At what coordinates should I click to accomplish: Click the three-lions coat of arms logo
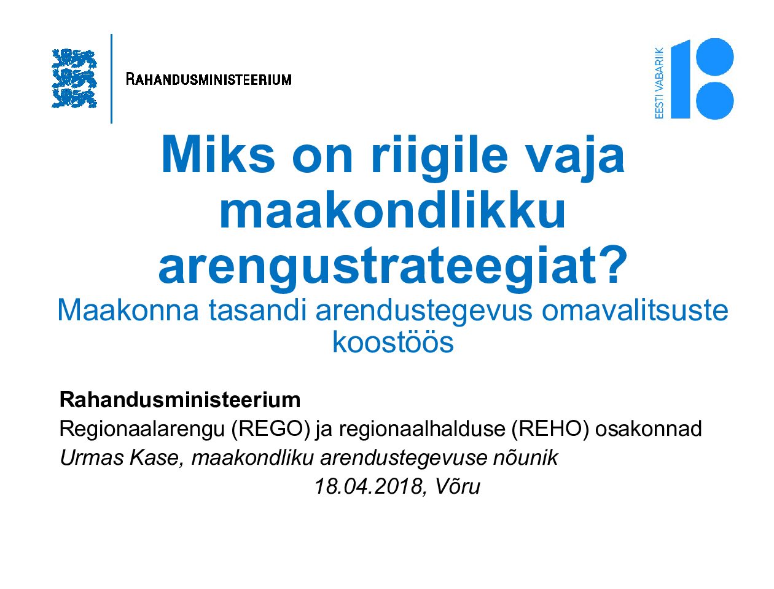(x=74, y=78)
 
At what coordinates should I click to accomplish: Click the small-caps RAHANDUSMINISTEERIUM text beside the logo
(x=208, y=79)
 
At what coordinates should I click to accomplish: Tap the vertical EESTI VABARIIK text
(x=659, y=83)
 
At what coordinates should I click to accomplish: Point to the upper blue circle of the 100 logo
(x=715, y=57)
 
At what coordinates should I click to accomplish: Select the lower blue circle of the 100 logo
(x=715, y=101)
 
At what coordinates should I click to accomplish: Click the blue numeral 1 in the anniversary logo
(x=680, y=79)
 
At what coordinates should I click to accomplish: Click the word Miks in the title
(x=218, y=156)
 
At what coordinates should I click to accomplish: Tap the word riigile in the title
(x=439, y=158)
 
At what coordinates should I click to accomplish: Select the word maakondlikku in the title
(x=392, y=211)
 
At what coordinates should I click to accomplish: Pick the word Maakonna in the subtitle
(x=128, y=310)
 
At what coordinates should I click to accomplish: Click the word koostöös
(x=393, y=342)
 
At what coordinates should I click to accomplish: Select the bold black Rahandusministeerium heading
(x=180, y=400)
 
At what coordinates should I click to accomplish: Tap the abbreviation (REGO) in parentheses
(x=270, y=429)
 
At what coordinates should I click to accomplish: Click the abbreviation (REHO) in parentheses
(x=550, y=429)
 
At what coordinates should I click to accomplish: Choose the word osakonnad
(x=649, y=429)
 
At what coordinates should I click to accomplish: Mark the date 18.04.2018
(x=368, y=486)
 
